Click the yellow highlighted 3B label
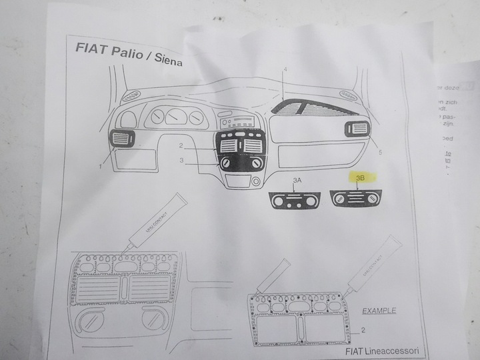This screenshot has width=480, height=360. tap(360, 178)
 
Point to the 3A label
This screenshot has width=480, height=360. tap(297, 181)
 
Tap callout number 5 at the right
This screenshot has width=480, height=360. tap(379, 153)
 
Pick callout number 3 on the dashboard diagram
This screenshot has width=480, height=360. tap(181, 160)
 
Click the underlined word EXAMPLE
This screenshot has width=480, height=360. tap(379, 310)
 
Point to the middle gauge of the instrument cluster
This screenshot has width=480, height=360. tap(175, 117)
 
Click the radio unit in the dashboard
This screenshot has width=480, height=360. tap(237, 122)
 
